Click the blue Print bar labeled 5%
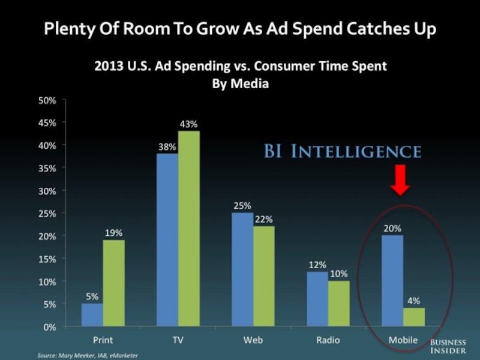92,315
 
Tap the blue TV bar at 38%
167,240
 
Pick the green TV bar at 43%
188,229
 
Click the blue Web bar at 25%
242,270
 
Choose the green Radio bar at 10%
338,304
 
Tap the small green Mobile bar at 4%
413,317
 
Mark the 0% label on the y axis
49,327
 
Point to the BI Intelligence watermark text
343,151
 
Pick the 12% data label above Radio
317,265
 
